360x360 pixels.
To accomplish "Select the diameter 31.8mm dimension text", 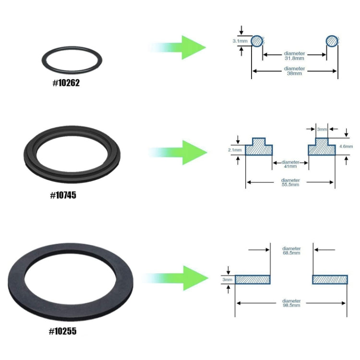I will tap(294, 55).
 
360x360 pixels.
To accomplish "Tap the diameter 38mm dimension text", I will tap(294, 71).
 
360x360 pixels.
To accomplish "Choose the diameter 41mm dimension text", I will tap(290, 164).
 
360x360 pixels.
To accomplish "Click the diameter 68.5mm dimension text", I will tap(291, 251).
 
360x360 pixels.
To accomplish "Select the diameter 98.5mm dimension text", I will tap(291, 303).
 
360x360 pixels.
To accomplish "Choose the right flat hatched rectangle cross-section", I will tap(330, 279).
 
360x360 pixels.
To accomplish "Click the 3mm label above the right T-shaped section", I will tap(322, 129).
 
